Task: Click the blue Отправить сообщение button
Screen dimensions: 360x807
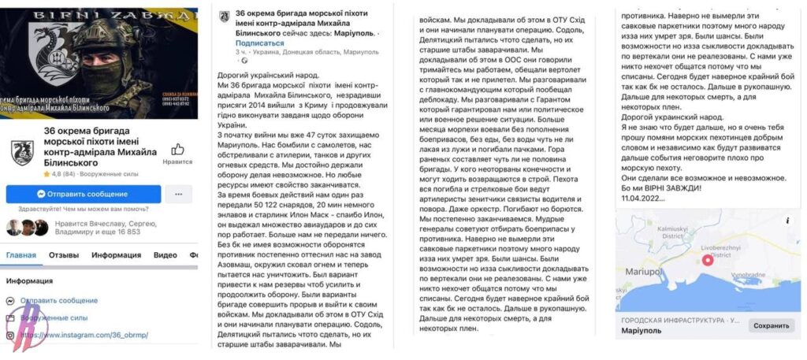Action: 84,194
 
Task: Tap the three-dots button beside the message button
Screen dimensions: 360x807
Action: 179,194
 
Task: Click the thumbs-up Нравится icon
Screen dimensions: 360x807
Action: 177,150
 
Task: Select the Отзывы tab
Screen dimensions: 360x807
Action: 64,255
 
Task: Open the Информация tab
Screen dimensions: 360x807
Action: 116,255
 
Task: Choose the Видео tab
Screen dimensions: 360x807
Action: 165,255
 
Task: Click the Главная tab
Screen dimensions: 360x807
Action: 21,255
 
